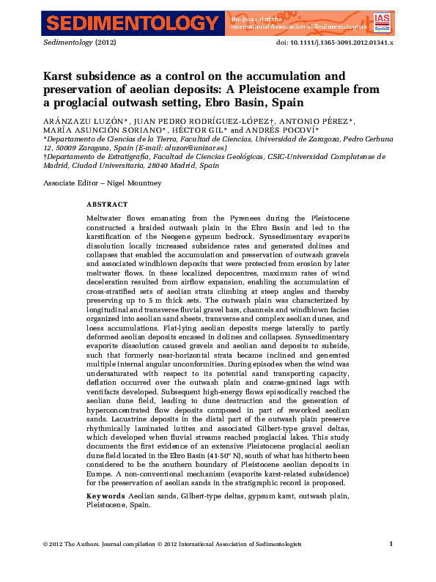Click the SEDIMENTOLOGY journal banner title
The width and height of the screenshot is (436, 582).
tap(131, 23)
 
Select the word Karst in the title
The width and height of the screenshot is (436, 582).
tap(60, 75)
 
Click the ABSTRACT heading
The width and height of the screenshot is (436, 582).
tap(107, 205)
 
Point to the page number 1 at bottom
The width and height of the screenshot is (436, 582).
tap(391, 543)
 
